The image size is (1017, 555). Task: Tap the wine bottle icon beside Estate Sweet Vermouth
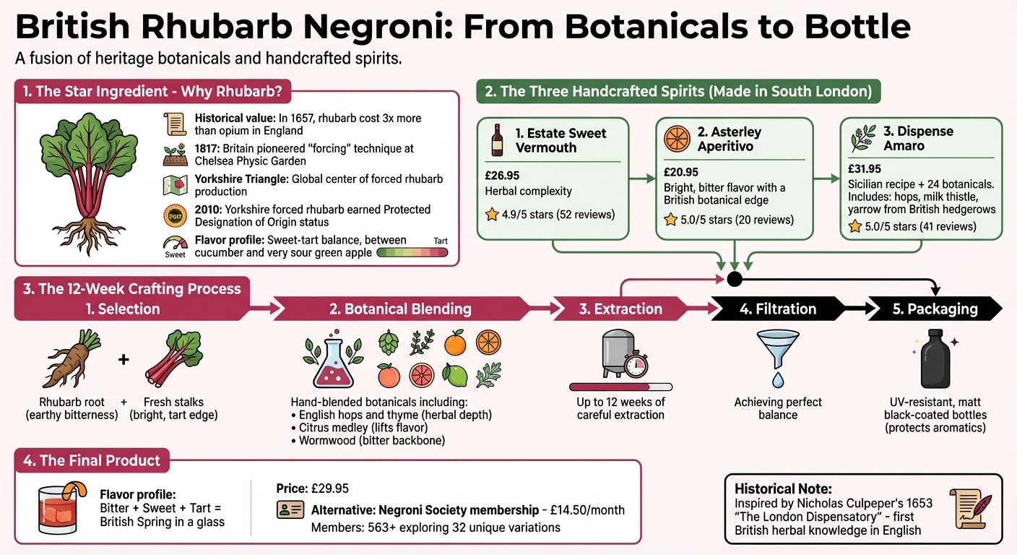click(498, 139)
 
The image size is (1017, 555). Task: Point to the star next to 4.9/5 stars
click(492, 214)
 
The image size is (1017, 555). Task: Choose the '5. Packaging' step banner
click(933, 309)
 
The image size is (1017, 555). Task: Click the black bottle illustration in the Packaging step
click(935, 361)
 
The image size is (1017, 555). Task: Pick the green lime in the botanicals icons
click(454, 375)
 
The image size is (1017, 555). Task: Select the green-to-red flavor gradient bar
click(412, 253)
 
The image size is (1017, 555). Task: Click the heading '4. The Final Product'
click(92, 460)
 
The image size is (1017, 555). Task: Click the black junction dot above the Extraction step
click(735, 278)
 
